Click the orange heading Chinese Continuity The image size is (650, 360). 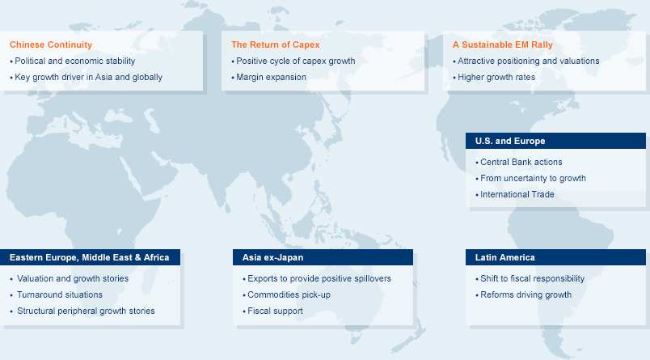(x=51, y=44)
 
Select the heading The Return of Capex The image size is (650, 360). (x=275, y=44)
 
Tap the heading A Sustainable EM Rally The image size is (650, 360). (x=502, y=44)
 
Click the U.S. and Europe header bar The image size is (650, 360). (x=555, y=141)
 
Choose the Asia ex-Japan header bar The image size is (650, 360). (x=323, y=257)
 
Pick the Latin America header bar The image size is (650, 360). (x=555, y=257)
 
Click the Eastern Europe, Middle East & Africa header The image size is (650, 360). (x=90, y=257)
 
